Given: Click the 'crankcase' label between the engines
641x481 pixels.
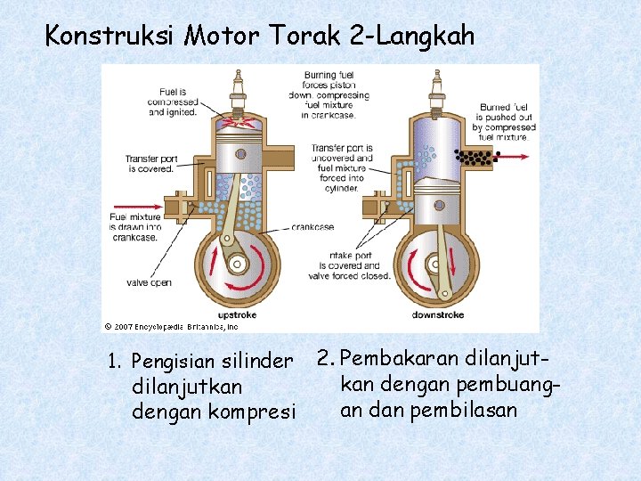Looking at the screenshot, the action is (312, 226).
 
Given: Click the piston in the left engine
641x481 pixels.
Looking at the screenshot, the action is (239, 153).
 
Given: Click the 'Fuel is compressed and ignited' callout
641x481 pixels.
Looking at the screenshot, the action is (173, 102).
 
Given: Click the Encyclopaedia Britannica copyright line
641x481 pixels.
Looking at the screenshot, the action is (171, 327).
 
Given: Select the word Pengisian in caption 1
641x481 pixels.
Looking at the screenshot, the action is (170, 362).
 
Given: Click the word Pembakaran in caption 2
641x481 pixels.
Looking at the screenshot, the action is (396, 358).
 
